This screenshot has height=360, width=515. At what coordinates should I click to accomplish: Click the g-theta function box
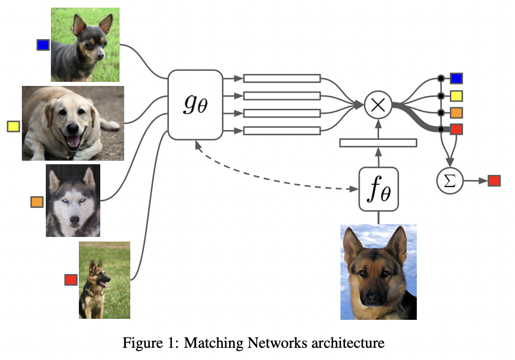tap(195, 105)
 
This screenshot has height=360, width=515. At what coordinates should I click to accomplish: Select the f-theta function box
tap(379, 189)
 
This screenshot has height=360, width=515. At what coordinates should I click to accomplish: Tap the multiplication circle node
tap(378, 105)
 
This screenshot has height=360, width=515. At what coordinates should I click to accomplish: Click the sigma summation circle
tap(450, 181)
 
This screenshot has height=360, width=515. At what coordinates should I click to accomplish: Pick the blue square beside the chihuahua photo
tap(43, 45)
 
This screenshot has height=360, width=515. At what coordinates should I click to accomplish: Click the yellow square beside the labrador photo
tap(13, 126)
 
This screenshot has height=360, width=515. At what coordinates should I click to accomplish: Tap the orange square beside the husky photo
tap(37, 202)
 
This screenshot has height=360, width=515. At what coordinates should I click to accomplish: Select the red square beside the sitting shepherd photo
tap(71, 280)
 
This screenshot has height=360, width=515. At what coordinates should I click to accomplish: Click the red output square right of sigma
tap(494, 181)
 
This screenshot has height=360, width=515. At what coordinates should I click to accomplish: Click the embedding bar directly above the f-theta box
tap(379, 143)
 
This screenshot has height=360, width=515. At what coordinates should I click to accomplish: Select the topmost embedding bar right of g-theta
tap(282, 78)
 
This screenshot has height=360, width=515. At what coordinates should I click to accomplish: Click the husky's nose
tap(75, 220)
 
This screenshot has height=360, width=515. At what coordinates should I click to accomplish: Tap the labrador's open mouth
tap(73, 141)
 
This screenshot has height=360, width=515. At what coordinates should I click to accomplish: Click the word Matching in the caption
tap(213, 343)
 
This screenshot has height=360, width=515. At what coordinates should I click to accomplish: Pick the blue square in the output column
tap(456, 78)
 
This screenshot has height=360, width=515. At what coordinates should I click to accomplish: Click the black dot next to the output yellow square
tap(441, 96)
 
